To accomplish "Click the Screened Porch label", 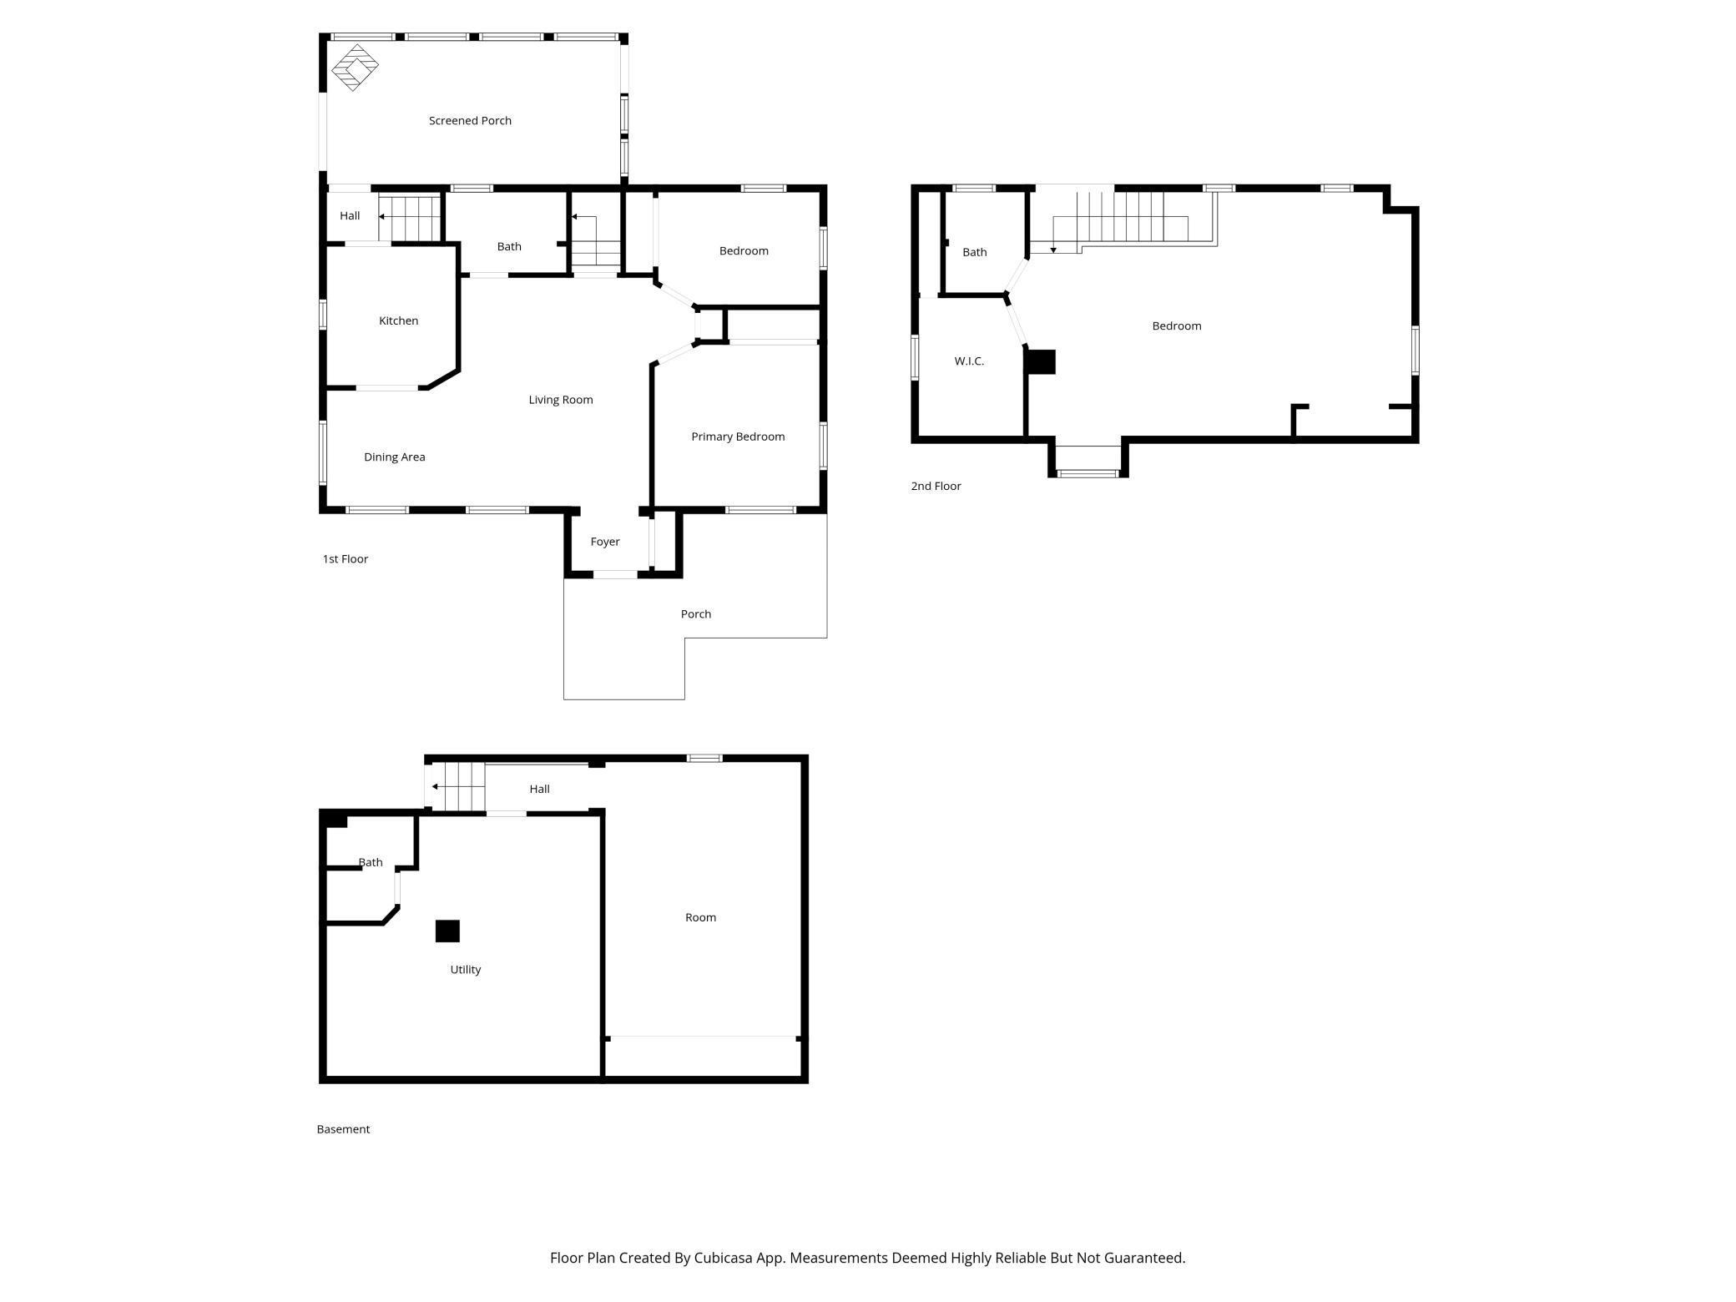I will coord(470,121).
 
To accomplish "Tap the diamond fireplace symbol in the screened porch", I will coord(355,68).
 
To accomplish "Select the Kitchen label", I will coord(398,320).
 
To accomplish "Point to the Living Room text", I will coord(560,400).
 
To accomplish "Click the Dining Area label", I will coord(394,457).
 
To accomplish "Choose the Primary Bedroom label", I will coord(737,437).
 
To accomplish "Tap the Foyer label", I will coord(604,542).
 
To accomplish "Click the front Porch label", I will coord(695,614).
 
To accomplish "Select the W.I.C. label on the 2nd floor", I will coord(968,361).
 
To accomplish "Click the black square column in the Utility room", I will coord(447,931).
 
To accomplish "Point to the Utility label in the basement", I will coord(465,970).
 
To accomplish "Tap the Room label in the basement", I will coord(700,917).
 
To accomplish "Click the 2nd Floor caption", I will coord(936,486).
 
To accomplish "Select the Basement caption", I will coord(343,1129).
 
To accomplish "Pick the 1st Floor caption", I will coord(345,559).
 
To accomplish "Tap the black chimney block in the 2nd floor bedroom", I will coord(1041,362).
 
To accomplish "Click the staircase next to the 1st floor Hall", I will coord(410,217).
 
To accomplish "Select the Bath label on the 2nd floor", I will coord(974,252).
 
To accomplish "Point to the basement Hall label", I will coord(539,789).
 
